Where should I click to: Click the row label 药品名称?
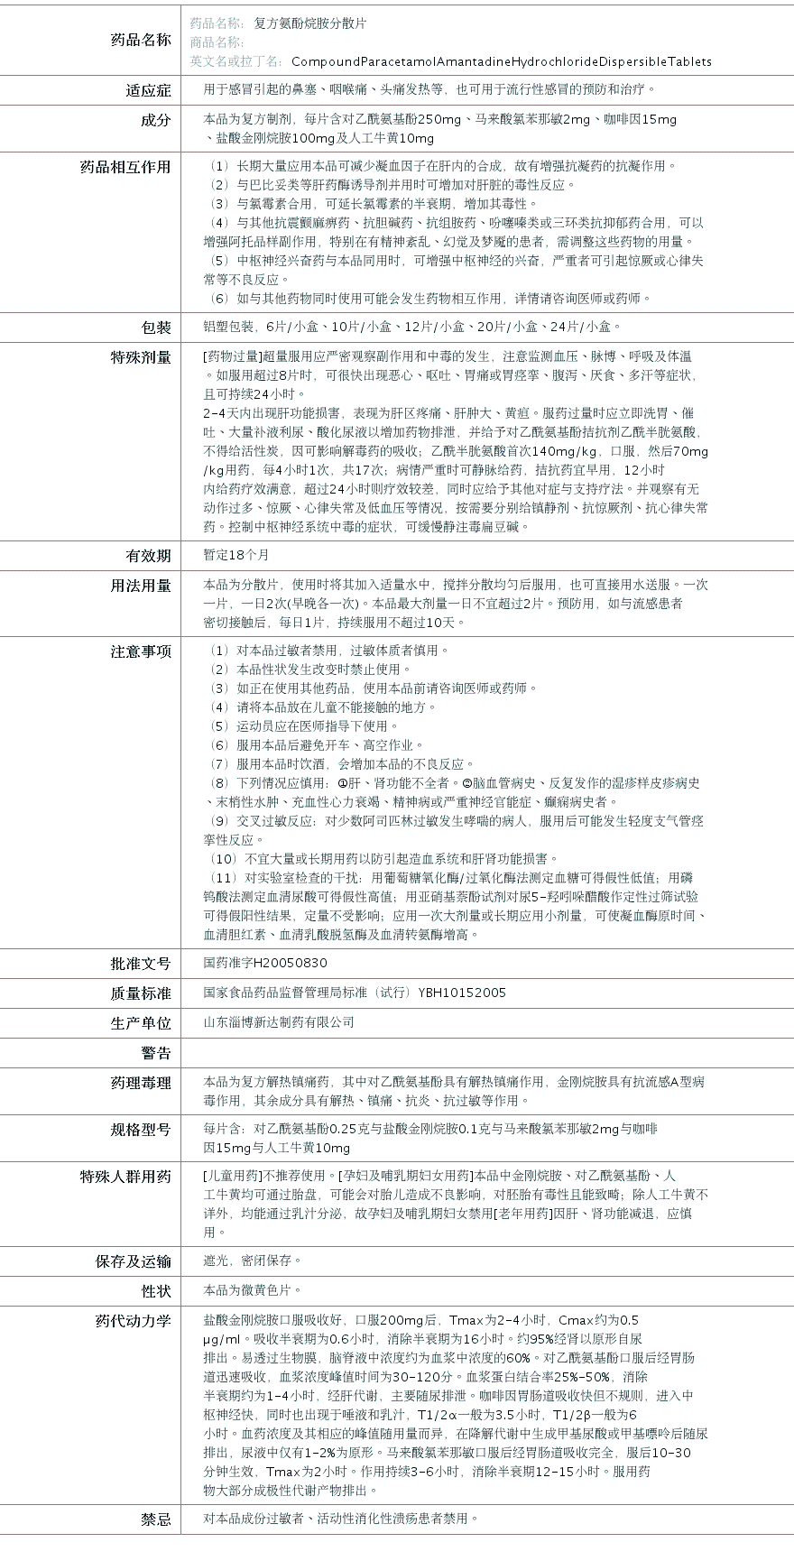pos(140,40)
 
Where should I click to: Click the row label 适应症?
pos(148,90)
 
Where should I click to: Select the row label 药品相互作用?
pos(125,167)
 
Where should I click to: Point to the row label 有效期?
pos(148,556)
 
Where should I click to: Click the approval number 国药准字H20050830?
pos(265,964)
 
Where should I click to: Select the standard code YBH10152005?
pos(462,993)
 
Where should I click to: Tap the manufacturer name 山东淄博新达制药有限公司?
pos(279,1022)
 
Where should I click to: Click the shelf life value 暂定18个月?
pos(236,556)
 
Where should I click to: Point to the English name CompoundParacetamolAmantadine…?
pos(501,62)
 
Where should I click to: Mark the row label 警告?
pos(155,1053)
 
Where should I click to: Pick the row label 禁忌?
pos(155,1519)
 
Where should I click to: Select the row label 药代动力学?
pos(133,1321)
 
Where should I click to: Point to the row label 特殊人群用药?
pos(125,1177)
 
